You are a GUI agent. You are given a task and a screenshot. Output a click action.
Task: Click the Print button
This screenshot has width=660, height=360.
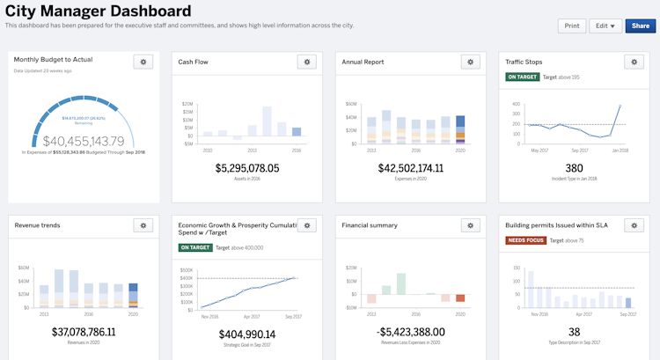(x=572, y=26)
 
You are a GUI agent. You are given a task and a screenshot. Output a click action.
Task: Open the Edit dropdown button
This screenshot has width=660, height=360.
(x=605, y=26)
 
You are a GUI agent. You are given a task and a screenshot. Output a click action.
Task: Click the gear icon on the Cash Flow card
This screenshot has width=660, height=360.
(x=306, y=62)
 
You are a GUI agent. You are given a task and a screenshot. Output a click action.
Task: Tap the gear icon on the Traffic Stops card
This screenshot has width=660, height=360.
(x=634, y=62)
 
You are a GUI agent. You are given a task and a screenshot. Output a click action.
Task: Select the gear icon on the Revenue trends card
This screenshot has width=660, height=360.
(x=143, y=225)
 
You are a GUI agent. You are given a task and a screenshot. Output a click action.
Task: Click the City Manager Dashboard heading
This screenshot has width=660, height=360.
(x=98, y=11)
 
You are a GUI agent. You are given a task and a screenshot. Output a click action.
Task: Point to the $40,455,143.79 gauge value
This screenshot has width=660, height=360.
(x=84, y=141)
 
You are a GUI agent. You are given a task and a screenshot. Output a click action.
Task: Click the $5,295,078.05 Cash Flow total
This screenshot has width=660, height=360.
(x=247, y=168)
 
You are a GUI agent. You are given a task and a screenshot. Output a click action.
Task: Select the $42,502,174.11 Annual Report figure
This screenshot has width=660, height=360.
(x=411, y=168)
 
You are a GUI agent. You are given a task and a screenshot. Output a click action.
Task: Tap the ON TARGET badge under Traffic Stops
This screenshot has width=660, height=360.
(x=522, y=77)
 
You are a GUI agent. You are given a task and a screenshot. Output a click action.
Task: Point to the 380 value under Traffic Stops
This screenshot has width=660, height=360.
(x=574, y=168)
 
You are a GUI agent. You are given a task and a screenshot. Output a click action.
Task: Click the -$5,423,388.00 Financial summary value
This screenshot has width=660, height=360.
(x=411, y=332)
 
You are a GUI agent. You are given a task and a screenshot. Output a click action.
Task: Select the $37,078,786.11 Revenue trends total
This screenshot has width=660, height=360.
(x=84, y=332)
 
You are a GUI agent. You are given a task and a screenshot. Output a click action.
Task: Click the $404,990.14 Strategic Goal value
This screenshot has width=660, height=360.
(x=247, y=334)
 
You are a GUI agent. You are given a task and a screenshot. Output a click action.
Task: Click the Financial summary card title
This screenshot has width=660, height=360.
(x=370, y=225)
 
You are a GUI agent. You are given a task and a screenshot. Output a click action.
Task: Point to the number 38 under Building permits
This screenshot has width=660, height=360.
(x=574, y=332)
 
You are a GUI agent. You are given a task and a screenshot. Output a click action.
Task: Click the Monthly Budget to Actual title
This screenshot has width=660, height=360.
(x=54, y=59)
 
